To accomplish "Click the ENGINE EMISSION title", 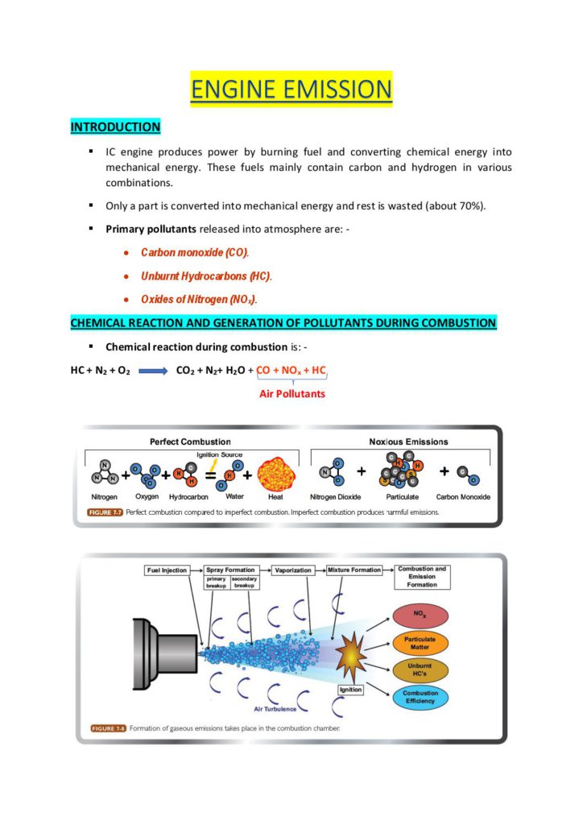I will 291,89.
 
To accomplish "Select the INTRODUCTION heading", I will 115,127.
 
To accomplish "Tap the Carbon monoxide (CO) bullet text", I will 195,253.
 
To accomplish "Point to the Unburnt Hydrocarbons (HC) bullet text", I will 206,276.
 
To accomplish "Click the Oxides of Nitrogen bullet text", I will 205,300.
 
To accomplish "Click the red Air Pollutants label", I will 291,394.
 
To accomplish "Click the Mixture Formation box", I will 354,570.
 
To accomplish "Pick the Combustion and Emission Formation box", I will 422,576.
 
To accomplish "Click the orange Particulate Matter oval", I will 420,644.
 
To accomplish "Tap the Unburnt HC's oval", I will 420,670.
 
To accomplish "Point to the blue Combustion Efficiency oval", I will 420,698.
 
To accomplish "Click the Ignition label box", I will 351,690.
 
